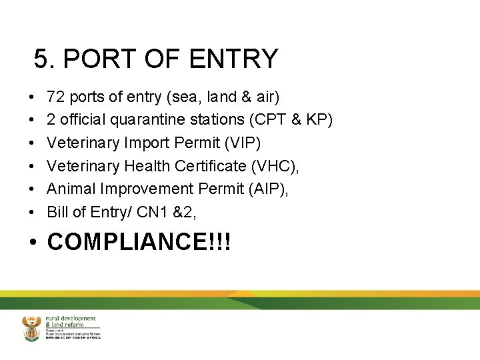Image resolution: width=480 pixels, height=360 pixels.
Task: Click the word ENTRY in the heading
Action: tap(233, 59)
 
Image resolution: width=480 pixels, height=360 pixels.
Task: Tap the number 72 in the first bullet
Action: tap(56, 97)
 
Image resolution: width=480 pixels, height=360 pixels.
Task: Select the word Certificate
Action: tap(199, 166)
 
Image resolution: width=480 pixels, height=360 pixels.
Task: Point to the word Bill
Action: tap(57, 213)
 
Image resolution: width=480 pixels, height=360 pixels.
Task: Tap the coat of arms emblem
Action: tap(31, 329)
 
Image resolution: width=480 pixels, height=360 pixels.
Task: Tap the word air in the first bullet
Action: tap(265, 97)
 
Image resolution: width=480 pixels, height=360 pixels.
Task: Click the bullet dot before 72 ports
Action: tap(33, 97)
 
